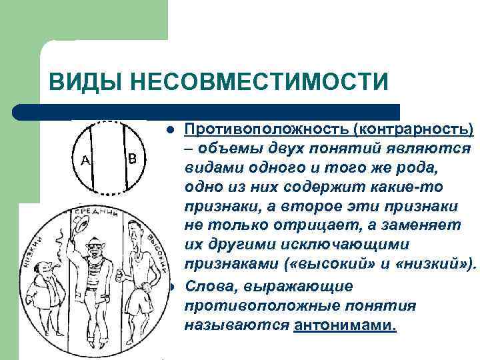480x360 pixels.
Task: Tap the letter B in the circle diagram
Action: pos(132,159)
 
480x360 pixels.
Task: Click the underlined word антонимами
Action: pos(344,325)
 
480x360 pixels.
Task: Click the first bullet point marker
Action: pos(171,129)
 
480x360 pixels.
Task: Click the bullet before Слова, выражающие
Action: pos(171,287)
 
